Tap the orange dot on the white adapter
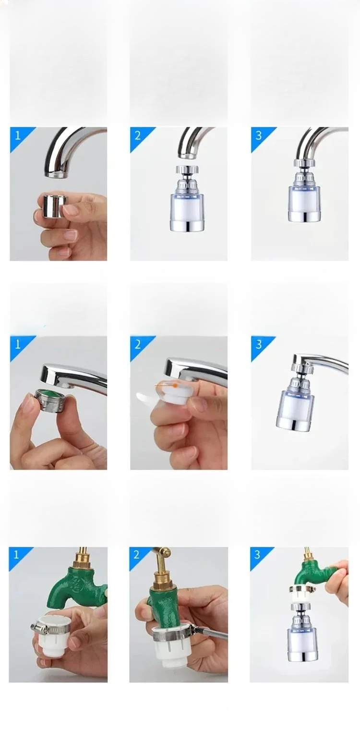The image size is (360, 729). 175,386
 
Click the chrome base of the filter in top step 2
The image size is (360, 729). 187,226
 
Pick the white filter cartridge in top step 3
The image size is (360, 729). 305,204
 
